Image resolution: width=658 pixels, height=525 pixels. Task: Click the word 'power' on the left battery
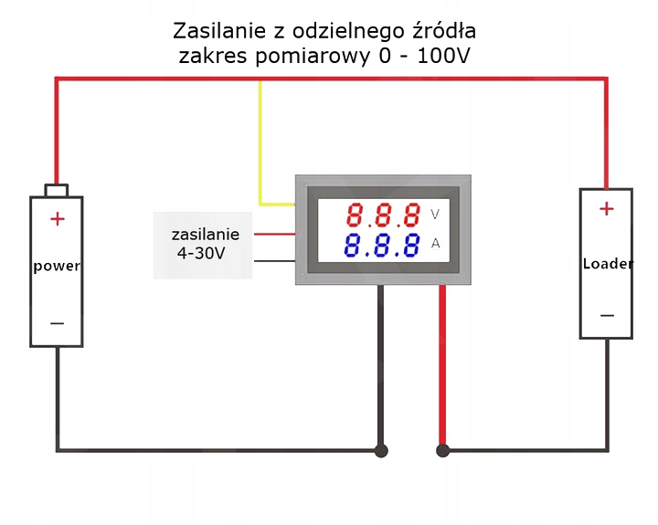[x=57, y=267]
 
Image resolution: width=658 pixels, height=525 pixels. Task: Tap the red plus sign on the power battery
[x=58, y=218]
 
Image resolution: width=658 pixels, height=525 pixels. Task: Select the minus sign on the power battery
[x=57, y=322]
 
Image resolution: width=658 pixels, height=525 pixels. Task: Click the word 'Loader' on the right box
[x=607, y=264]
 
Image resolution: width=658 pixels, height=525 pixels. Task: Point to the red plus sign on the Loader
[x=607, y=209]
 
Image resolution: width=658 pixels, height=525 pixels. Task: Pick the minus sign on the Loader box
[x=607, y=316]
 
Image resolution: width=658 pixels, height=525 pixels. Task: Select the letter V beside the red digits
[x=435, y=215]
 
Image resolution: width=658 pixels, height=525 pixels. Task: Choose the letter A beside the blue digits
[x=436, y=243]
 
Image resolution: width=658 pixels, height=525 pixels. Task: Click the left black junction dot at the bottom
[x=381, y=450]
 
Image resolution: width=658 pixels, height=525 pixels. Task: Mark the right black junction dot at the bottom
[x=443, y=450]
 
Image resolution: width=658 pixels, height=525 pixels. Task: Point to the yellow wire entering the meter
[x=261, y=146]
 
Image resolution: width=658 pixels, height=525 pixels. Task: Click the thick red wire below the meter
[x=443, y=365]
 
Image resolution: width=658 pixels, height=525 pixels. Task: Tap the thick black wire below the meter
[x=381, y=365]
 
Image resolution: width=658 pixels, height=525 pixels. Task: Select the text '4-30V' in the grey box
[x=201, y=254]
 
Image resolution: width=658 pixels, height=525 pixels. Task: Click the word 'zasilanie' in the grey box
[x=205, y=234]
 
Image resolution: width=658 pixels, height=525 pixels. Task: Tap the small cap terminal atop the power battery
[x=57, y=190]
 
